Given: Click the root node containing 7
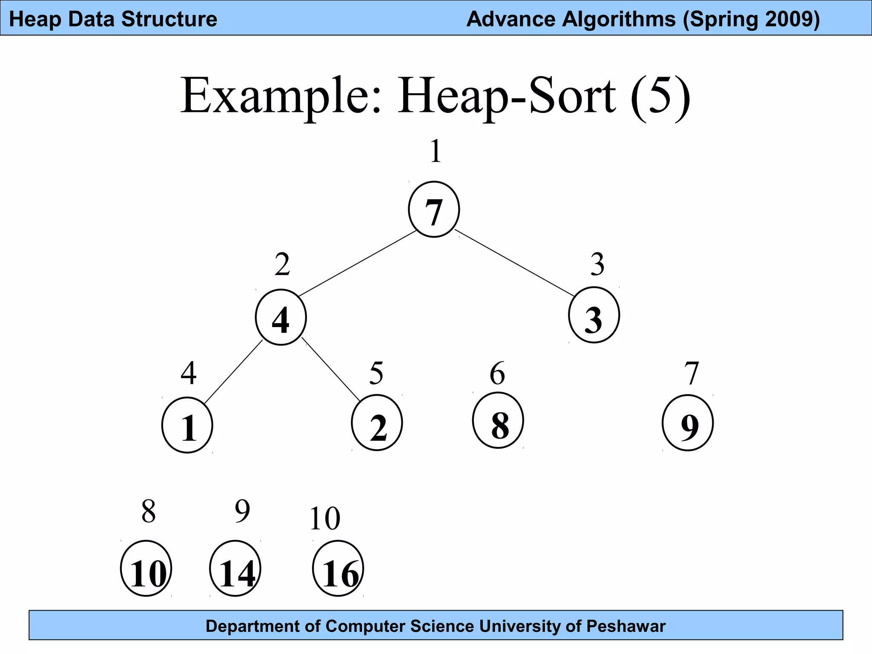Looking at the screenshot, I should tap(434, 209).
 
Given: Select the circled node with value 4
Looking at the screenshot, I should tap(281, 317).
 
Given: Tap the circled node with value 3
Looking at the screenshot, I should tap(594, 315).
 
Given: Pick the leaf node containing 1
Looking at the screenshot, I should tap(187, 425).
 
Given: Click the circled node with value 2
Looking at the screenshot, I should tap(377, 423).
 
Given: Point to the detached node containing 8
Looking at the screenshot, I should tap(498, 421).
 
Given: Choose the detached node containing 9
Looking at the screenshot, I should tap(688, 423).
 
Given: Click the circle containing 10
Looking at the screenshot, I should tap(146, 568).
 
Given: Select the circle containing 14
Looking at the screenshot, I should tap(235, 568).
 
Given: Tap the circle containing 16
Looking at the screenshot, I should tap(338, 568).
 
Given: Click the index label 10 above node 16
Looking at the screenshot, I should tap(325, 519).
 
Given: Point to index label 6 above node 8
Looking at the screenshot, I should tap(497, 373).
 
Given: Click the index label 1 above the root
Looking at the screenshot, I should tap(435, 151).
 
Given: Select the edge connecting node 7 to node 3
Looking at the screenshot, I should tap(514, 263).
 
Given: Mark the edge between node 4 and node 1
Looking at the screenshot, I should tap(233, 372).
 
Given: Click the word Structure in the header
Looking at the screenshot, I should tap(169, 19).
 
